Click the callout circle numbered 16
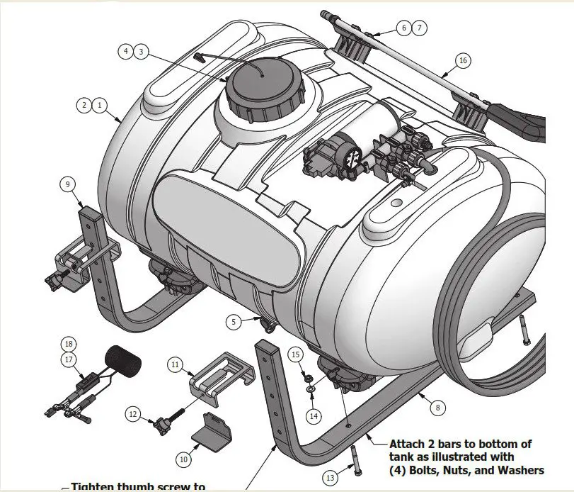[x=463, y=61]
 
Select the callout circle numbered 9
[x=67, y=184]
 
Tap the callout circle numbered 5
[x=234, y=321]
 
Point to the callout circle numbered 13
[x=330, y=476]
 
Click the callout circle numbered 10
[x=183, y=459]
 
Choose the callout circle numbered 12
[x=133, y=413]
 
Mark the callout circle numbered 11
[x=175, y=364]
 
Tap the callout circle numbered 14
[x=314, y=415]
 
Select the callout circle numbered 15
[x=297, y=354]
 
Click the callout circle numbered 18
[x=69, y=344]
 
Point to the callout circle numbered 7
[x=419, y=28]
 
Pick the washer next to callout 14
[x=310, y=389]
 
